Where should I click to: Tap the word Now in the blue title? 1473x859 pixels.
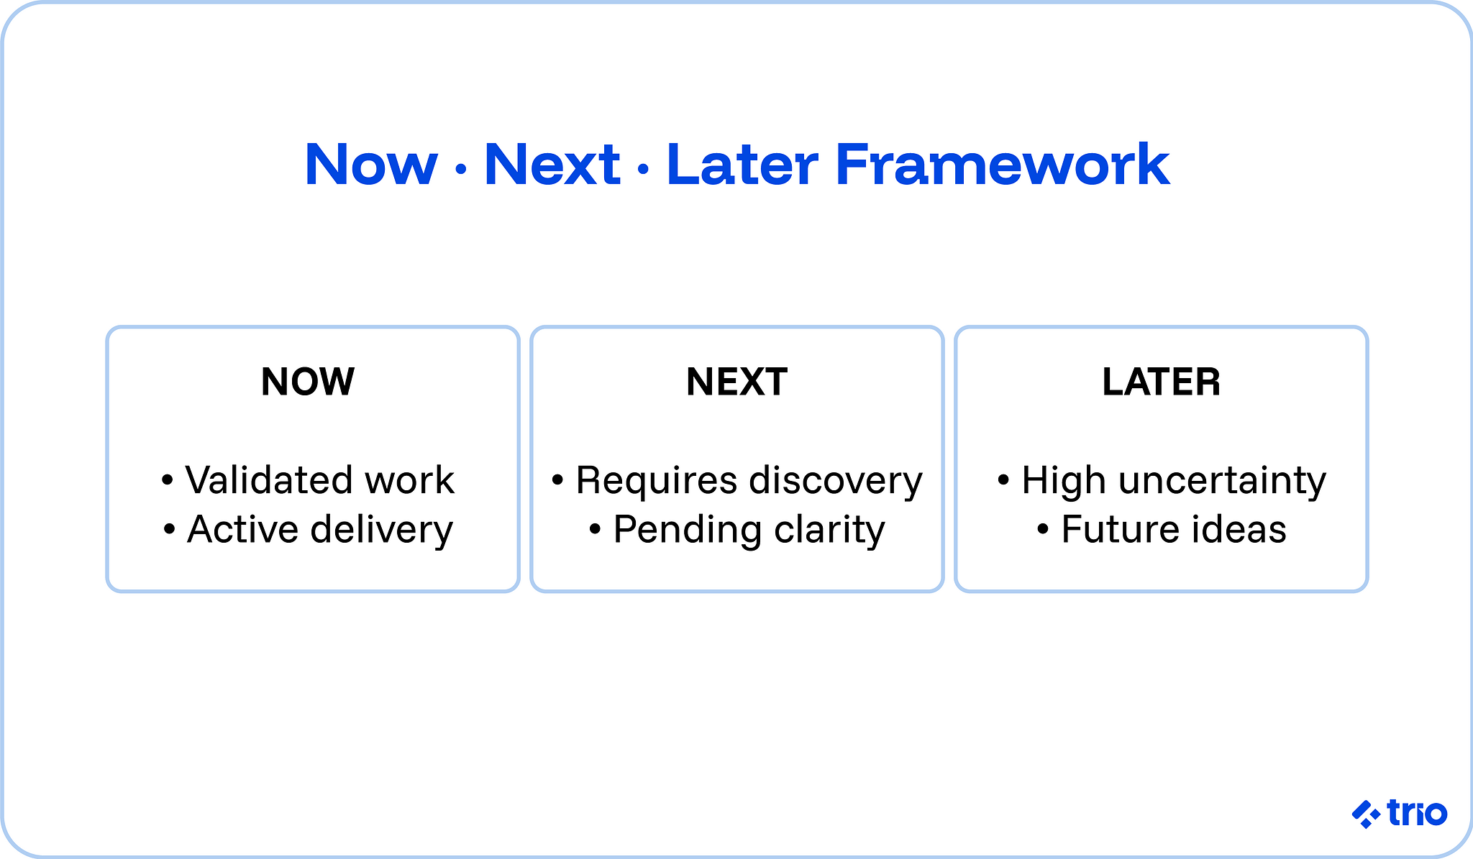[x=371, y=165]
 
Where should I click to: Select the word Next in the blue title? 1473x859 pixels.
[x=552, y=165]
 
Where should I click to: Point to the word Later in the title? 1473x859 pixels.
[x=742, y=165]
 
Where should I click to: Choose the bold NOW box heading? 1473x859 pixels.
[x=308, y=382]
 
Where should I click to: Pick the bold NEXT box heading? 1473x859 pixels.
[x=736, y=382]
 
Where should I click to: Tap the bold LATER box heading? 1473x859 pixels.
[x=1161, y=382]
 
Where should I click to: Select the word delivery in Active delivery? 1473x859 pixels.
[x=382, y=530]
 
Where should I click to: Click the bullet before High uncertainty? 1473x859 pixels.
[x=1004, y=479]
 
